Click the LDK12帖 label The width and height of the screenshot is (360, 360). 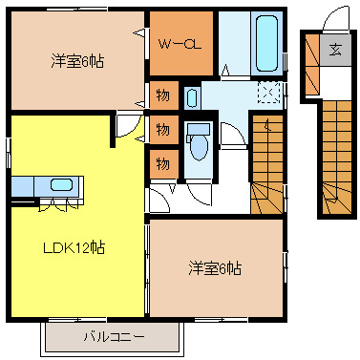point(73,247)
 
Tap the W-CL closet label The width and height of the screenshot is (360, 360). point(180,43)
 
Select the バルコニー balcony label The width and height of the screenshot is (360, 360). point(113,337)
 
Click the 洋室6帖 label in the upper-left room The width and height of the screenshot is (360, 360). point(77,61)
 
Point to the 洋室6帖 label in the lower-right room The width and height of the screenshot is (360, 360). point(215,268)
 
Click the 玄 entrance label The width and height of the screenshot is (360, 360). point(335,51)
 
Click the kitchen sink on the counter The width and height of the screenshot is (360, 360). point(59,184)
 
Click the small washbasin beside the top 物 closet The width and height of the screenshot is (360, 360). point(192,96)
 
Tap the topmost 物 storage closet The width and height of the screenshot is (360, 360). point(161,96)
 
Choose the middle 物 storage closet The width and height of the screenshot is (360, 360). point(161,129)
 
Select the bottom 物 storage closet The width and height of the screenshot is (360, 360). point(161,161)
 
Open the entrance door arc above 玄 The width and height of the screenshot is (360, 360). point(334,19)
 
